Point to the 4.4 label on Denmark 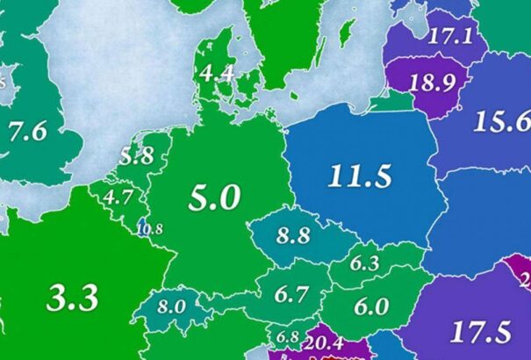(x=217, y=75)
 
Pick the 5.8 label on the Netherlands (x=137, y=158)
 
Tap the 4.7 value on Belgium (x=118, y=197)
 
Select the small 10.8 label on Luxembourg (x=150, y=230)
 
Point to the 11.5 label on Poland (x=360, y=176)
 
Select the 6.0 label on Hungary (x=372, y=306)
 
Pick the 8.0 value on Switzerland (x=172, y=307)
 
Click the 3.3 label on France (x=72, y=299)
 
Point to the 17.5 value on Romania (x=479, y=333)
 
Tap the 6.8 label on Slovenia (x=287, y=336)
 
